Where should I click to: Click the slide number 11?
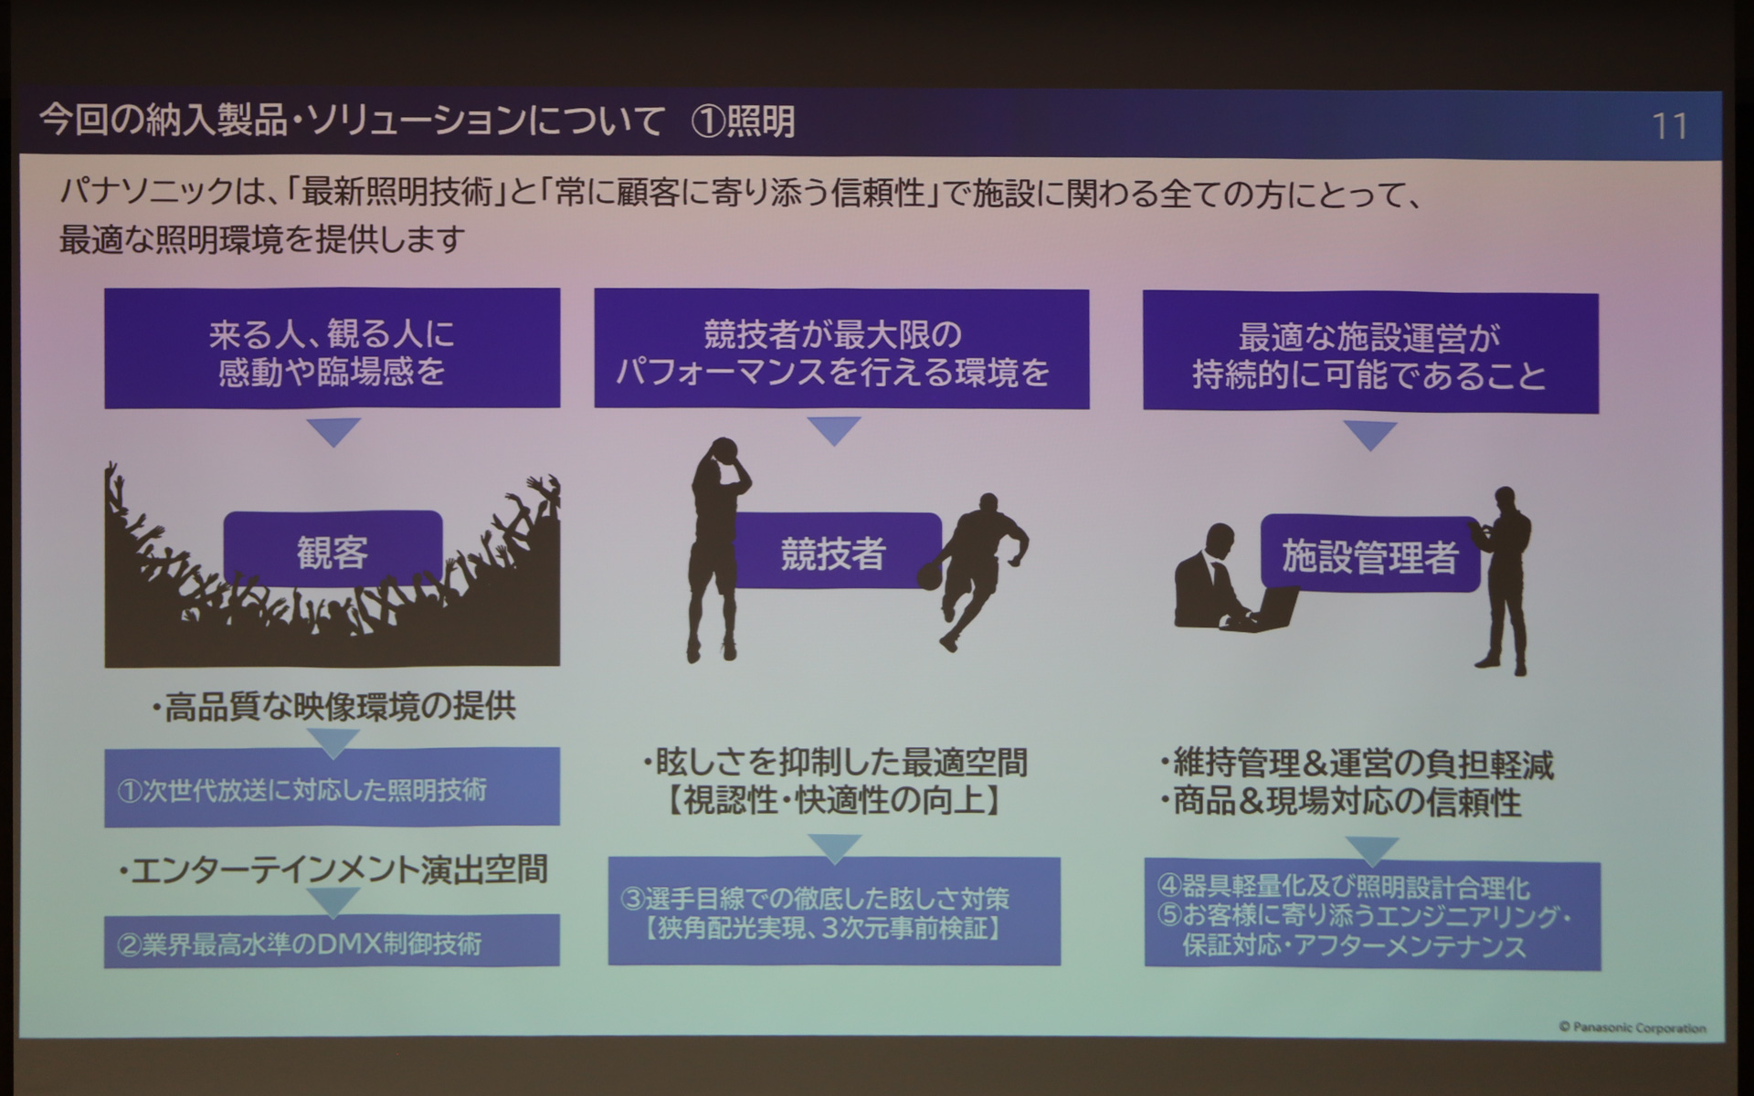click(1669, 126)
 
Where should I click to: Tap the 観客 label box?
click(333, 550)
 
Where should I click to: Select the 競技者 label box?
click(833, 552)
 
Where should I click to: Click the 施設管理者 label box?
click(1368, 554)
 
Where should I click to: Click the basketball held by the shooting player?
click(724, 449)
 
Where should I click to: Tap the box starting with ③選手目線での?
click(833, 912)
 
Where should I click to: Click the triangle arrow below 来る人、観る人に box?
click(333, 431)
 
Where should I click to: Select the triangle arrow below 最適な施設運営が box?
click(1370, 434)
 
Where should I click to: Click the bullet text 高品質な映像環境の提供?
click(334, 706)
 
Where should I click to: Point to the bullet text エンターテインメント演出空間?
click(334, 869)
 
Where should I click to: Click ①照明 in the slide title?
click(743, 121)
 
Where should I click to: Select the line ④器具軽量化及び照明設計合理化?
click(1343, 886)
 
